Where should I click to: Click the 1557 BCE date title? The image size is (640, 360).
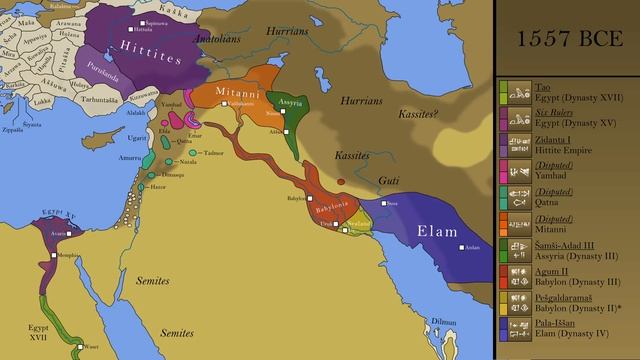(567, 41)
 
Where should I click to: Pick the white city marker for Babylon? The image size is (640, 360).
(308, 199)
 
